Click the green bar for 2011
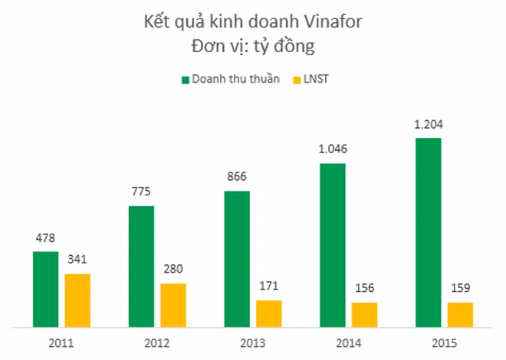[x=45, y=289]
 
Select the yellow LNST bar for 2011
[x=77, y=300]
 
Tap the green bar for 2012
[x=141, y=266]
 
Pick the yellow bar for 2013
[x=269, y=313]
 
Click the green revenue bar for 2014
[x=333, y=244]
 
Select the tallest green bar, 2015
[x=429, y=232]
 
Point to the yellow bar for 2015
[x=460, y=314]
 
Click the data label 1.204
[x=429, y=124]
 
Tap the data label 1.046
[x=333, y=149]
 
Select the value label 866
[x=237, y=177]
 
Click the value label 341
[x=77, y=260]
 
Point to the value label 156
[x=365, y=289]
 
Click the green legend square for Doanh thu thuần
[x=185, y=79]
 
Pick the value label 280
[x=173, y=270]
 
